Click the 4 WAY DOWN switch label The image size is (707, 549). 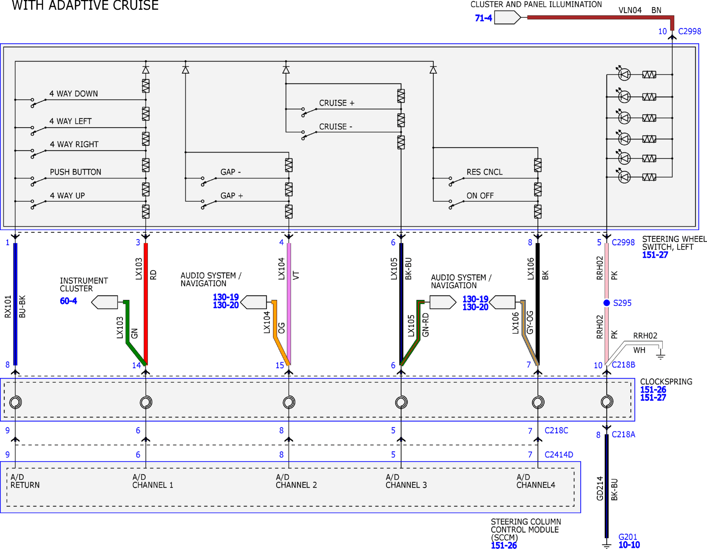click(73, 94)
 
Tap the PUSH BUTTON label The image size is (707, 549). click(75, 172)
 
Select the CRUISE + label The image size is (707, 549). click(337, 103)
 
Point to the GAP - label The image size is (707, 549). click(230, 172)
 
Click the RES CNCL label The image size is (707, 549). click(484, 172)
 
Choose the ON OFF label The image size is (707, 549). click(480, 196)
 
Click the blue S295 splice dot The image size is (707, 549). click(606, 303)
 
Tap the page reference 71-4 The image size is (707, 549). click(483, 18)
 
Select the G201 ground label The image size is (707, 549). click(628, 537)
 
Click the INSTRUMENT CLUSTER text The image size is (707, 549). click(84, 284)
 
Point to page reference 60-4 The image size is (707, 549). click(68, 301)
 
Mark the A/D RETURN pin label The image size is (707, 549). click(25, 481)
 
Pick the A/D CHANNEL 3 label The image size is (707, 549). click(406, 481)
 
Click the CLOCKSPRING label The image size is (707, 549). click(666, 382)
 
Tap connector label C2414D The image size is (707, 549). click(559, 454)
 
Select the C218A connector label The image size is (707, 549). click(623, 434)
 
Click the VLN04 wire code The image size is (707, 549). click(630, 10)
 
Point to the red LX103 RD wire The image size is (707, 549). click(146, 304)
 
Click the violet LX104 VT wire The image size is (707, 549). click(289, 304)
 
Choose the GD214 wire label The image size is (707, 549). click(599, 488)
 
